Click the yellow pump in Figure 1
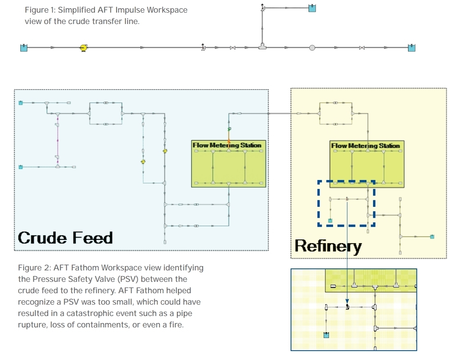[83, 48]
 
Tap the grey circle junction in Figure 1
[312, 48]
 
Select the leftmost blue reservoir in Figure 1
[24, 48]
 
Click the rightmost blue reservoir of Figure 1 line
[412, 48]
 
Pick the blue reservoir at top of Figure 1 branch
[312, 8]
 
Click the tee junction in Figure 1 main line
[263, 47]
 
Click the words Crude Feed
[65, 238]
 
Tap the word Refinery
[328, 246]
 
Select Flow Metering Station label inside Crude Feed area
[227, 145]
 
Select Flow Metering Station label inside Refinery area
[365, 145]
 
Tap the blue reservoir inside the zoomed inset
[326, 335]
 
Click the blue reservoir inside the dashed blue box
[330, 220]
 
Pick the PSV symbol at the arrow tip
[347, 307]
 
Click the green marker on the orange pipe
[229, 129]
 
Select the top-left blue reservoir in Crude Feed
[21, 103]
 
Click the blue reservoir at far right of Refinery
[432, 236]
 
